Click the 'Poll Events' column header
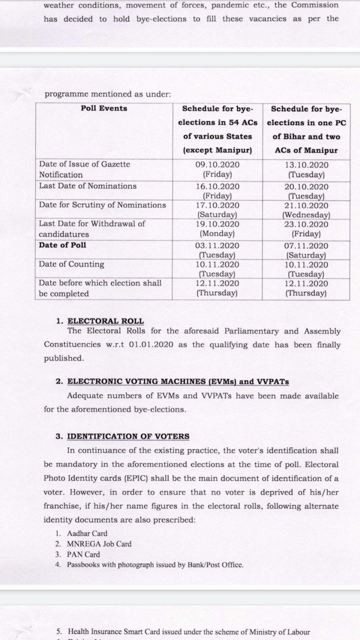pos(104,108)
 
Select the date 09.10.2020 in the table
pos(217,165)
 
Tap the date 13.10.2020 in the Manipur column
pos(306,165)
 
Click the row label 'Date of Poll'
pos(63,245)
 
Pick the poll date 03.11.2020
pos(217,246)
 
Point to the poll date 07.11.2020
pos(306,246)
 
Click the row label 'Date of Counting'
pos(72,264)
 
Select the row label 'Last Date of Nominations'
pos(88,186)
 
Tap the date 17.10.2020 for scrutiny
pos(217,205)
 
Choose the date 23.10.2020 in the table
pos(306,224)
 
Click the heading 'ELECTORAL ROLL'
pos(105,321)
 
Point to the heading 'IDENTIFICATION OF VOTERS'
pos(128,436)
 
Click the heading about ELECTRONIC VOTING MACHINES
pos(178,382)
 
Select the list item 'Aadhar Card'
pos(87,533)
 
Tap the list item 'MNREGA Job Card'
pos(99,544)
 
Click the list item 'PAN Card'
pos(83,554)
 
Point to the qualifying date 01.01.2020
pos(151,345)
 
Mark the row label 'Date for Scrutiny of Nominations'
pos(102,205)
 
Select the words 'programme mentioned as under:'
pos(108,94)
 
